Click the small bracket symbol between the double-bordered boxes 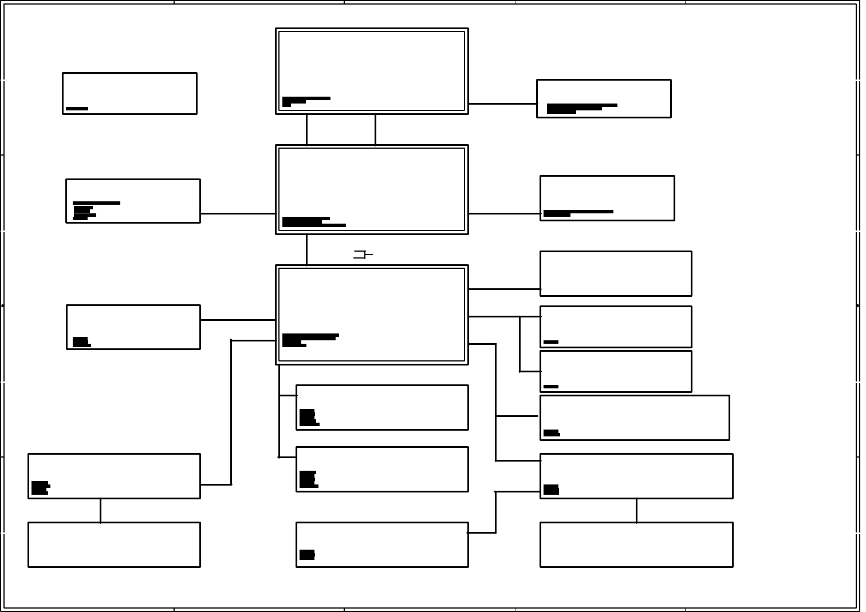[x=361, y=255]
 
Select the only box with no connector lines [x=129, y=93]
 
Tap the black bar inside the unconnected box [x=77, y=108]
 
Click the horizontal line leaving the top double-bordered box [x=502, y=104]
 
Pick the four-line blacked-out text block [x=85, y=210]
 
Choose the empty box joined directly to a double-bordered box [x=615, y=273]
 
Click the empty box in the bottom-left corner [x=114, y=545]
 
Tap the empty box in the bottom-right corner [x=636, y=545]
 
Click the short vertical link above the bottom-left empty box [x=100, y=510]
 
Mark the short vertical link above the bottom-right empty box [x=636, y=510]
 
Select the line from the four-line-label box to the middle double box [x=238, y=213]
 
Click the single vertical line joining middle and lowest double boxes [x=306, y=249]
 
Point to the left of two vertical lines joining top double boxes [x=306, y=129]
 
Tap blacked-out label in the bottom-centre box [x=307, y=554]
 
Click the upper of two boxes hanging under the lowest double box [x=382, y=407]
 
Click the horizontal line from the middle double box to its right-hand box [x=504, y=213]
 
